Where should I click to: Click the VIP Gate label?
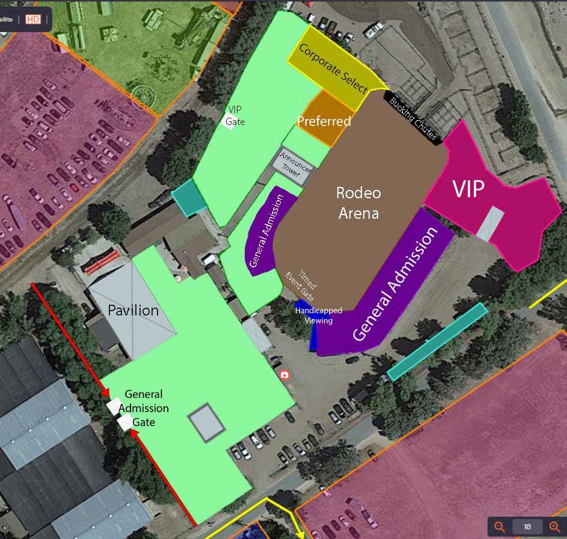(x=236, y=115)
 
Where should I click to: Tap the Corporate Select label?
(x=333, y=69)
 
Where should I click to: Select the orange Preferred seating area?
(x=324, y=120)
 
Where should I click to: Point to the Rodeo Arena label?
(x=358, y=203)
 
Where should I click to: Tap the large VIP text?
(x=468, y=189)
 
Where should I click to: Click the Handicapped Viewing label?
(x=319, y=315)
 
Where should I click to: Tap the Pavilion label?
(x=133, y=311)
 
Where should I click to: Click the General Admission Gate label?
(x=144, y=408)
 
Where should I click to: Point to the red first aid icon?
(x=285, y=375)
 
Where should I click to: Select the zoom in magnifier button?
(x=554, y=527)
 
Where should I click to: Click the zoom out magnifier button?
(x=500, y=527)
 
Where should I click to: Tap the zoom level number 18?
(x=527, y=527)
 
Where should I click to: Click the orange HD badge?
(x=33, y=19)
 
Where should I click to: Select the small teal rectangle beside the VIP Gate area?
(x=189, y=196)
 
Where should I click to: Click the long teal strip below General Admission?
(x=437, y=341)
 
